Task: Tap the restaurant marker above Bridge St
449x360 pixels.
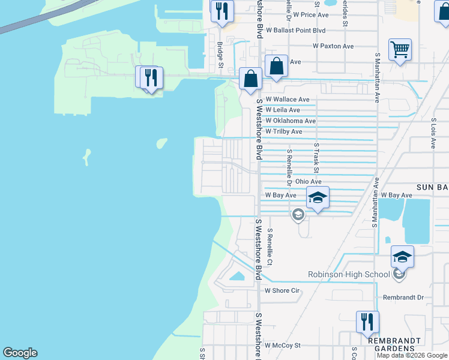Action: click(x=222, y=11)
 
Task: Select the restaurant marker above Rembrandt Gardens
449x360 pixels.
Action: click(x=367, y=323)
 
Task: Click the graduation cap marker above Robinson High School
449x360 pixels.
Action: click(x=402, y=258)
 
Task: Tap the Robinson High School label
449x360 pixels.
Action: click(x=349, y=275)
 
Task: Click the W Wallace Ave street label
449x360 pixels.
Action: click(x=287, y=100)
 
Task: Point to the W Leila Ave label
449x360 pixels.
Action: click(x=283, y=110)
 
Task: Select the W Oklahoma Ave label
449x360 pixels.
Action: click(x=291, y=121)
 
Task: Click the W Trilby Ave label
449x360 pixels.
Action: click(x=284, y=131)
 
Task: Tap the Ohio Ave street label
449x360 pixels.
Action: click(x=309, y=181)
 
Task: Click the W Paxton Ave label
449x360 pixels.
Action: click(x=333, y=46)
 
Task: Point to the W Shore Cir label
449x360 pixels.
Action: click(x=282, y=290)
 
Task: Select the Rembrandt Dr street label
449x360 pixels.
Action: click(x=403, y=297)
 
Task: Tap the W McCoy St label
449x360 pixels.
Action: click(x=282, y=346)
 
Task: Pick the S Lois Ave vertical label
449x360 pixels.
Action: click(x=433, y=133)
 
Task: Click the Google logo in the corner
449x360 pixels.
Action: click(x=20, y=353)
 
